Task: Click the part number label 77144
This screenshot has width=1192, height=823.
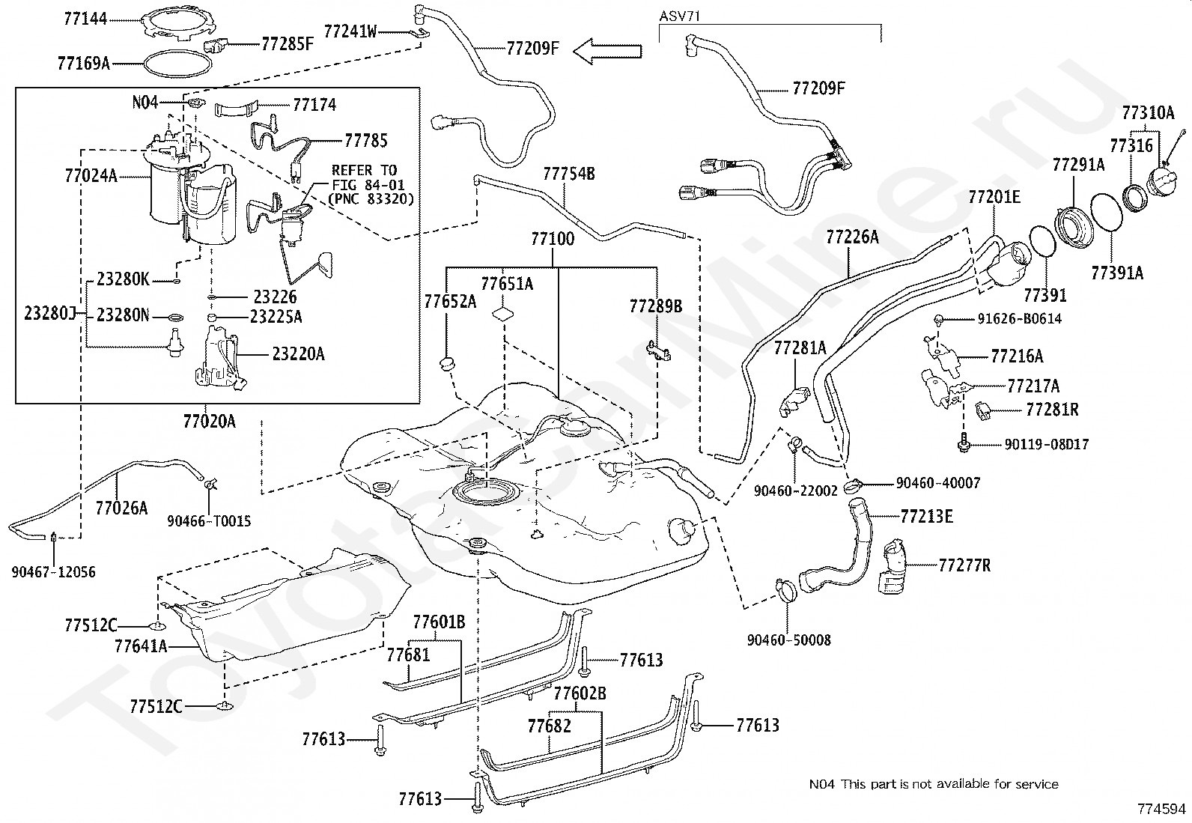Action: pos(85,19)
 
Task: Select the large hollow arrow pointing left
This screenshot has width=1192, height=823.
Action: pos(608,51)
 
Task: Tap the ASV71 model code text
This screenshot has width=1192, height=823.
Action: pos(680,16)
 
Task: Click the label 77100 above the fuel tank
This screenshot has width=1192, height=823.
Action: pos(553,239)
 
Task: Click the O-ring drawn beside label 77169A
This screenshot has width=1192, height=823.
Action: pos(177,64)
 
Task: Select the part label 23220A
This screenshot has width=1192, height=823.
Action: pos(298,354)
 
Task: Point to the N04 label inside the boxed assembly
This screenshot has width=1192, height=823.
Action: pos(145,102)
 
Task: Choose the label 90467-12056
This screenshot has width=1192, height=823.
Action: pos(54,572)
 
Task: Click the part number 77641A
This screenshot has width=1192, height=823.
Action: pos(141,646)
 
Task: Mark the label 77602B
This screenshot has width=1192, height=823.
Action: pos(580,693)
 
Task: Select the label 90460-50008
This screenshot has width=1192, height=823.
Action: pos(788,640)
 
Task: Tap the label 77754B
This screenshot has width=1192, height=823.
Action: pos(569,174)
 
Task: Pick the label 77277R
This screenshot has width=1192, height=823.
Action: pos(964,565)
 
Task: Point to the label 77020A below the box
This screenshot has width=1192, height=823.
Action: pos(209,422)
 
